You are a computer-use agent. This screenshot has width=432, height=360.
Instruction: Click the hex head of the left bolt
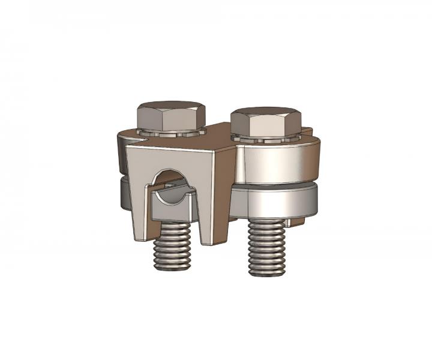(x=171, y=118)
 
